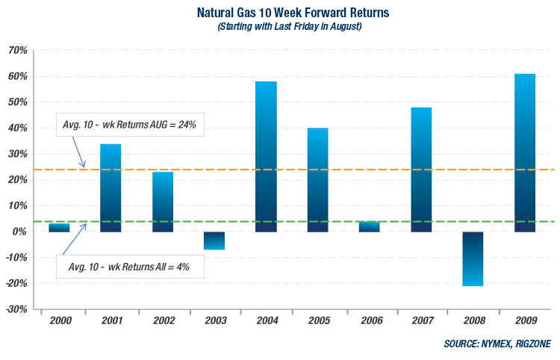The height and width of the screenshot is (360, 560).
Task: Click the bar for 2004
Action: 266,157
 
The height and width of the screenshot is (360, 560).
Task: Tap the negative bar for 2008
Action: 473,258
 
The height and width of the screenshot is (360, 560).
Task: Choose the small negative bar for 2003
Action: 214,240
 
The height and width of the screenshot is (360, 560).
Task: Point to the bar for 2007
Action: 421,170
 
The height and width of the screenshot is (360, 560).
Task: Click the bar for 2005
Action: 317,180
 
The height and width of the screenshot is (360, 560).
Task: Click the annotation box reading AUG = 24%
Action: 129,125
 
